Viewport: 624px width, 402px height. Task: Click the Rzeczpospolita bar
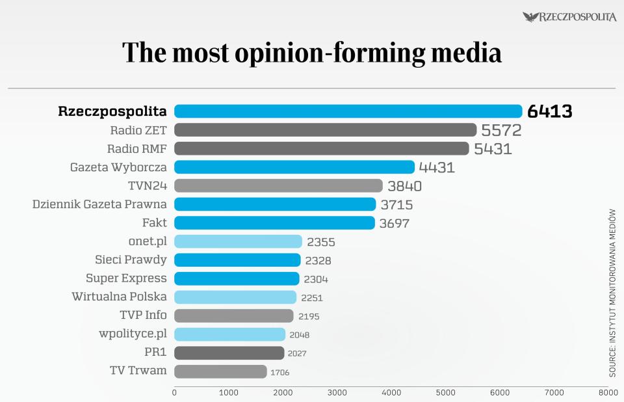pos(348,111)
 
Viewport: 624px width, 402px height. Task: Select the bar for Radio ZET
pos(325,130)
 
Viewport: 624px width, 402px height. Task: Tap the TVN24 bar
pos(278,185)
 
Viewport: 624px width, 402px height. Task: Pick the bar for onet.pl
pos(238,241)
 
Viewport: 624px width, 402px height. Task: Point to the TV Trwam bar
pos(220,371)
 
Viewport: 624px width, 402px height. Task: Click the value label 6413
pos(549,112)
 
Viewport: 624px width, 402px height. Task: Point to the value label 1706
pos(280,373)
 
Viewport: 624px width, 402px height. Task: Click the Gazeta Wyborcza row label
pos(118,167)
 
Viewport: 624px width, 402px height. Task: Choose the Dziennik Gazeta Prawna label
pos(99,204)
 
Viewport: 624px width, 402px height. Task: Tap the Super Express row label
pos(126,278)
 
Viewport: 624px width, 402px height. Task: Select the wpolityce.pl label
pos(132,334)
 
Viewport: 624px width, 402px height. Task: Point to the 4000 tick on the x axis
pos(391,393)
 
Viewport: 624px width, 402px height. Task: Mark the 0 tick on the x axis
pos(174,393)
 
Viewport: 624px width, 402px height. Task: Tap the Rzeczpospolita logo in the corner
pos(569,17)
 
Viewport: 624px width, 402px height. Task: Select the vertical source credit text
pos(612,293)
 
